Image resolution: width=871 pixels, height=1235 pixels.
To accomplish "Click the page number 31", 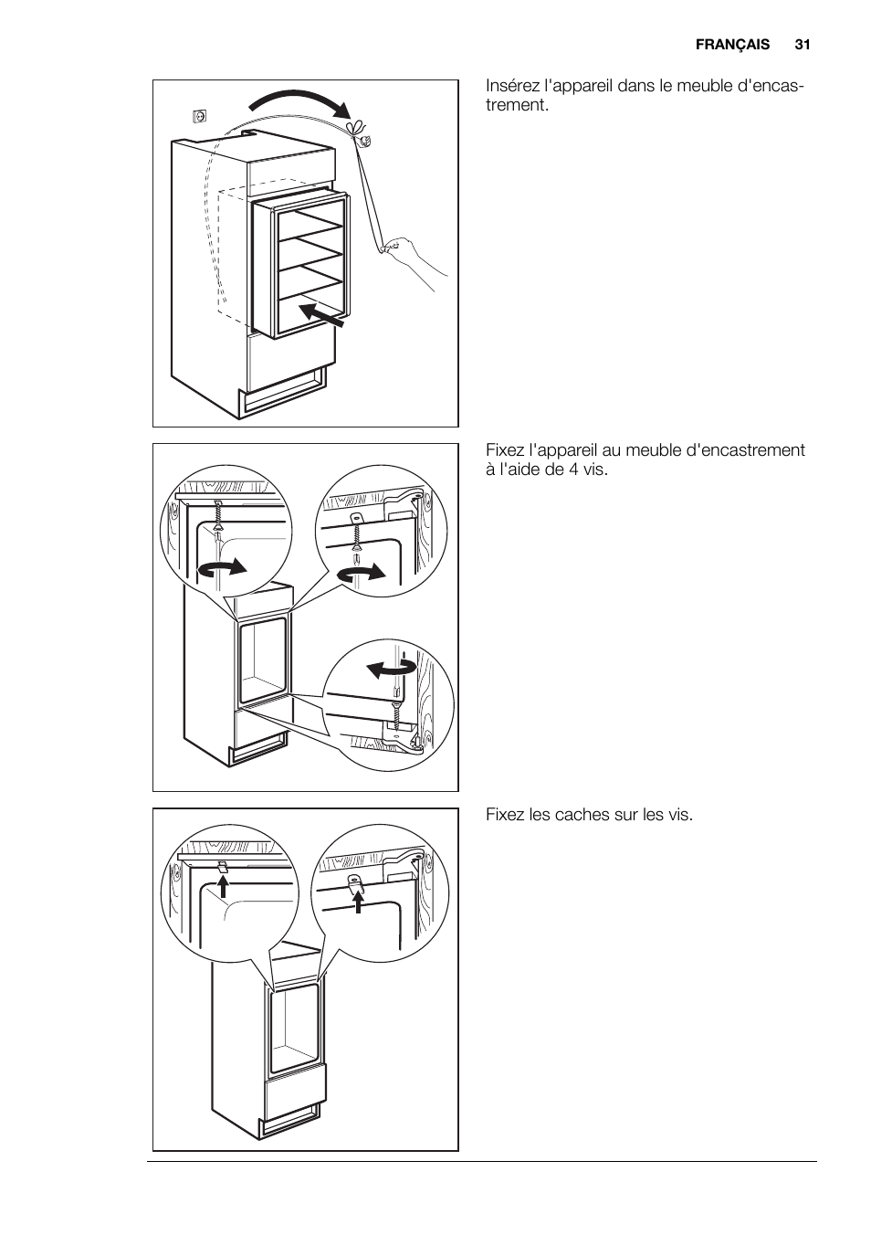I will click(x=803, y=44).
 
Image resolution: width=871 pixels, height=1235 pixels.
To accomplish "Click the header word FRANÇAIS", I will click(x=732, y=44).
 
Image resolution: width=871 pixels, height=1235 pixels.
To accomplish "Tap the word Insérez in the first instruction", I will click(x=513, y=87).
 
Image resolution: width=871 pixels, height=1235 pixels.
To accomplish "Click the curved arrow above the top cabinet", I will click(x=301, y=102).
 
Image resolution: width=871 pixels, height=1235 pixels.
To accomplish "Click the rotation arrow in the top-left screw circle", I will click(x=223, y=567).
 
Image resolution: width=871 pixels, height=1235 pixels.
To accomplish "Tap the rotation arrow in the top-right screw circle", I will click(x=362, y=573).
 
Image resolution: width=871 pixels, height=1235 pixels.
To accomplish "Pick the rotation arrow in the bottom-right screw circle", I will click(x=392, y=669).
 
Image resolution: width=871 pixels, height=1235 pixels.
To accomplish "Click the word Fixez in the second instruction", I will click(x=505, y=450).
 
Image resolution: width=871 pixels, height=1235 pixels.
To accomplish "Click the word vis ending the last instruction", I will click(x=679, y=814).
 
